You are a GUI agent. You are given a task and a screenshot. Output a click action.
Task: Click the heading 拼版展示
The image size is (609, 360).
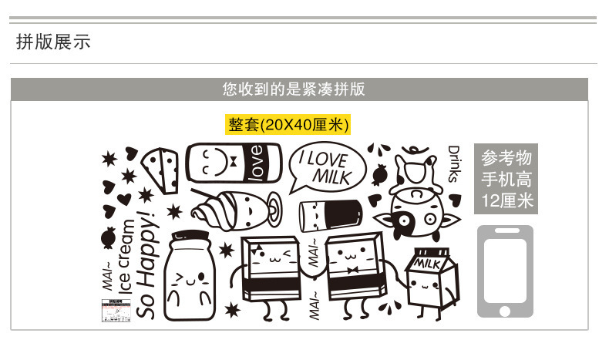[x=53, y=42]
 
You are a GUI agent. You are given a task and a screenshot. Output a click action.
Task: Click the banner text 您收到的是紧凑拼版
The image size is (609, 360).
[x=294, y=89]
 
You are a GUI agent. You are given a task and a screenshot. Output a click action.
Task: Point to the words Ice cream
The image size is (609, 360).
[x=128, y=254]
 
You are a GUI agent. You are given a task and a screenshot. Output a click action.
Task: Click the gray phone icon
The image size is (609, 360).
[x=505, y=271]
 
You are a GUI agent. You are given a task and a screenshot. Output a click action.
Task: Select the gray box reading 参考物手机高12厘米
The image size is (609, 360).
[x=505, y=179]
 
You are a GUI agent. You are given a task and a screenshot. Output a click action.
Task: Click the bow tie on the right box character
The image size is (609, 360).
[x=355, y=271]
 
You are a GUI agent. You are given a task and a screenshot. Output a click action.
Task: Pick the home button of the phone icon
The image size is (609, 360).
[x=505, y=311]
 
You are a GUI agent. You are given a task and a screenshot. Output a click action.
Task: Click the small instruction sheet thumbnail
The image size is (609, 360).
[x=117, y=311]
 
